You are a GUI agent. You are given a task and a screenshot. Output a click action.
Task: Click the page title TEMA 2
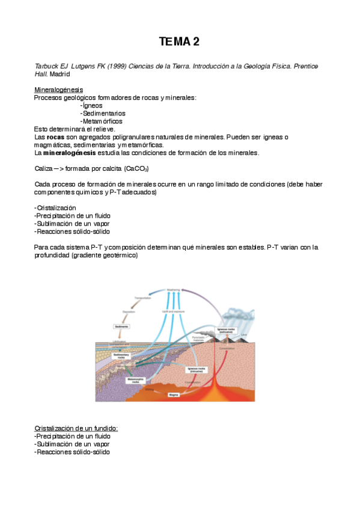pos(179,41)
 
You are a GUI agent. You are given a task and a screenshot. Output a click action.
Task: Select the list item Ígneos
pos(93,105)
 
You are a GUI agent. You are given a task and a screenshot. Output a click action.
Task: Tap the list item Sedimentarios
pos(102,113)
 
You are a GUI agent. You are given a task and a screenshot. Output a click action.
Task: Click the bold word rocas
pos(56,137)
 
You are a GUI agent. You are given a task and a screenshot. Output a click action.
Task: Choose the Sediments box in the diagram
pos(122,326)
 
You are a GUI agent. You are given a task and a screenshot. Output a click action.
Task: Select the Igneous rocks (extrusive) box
pos(227,330)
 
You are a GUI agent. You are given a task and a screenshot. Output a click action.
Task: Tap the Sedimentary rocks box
pos(122,355)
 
